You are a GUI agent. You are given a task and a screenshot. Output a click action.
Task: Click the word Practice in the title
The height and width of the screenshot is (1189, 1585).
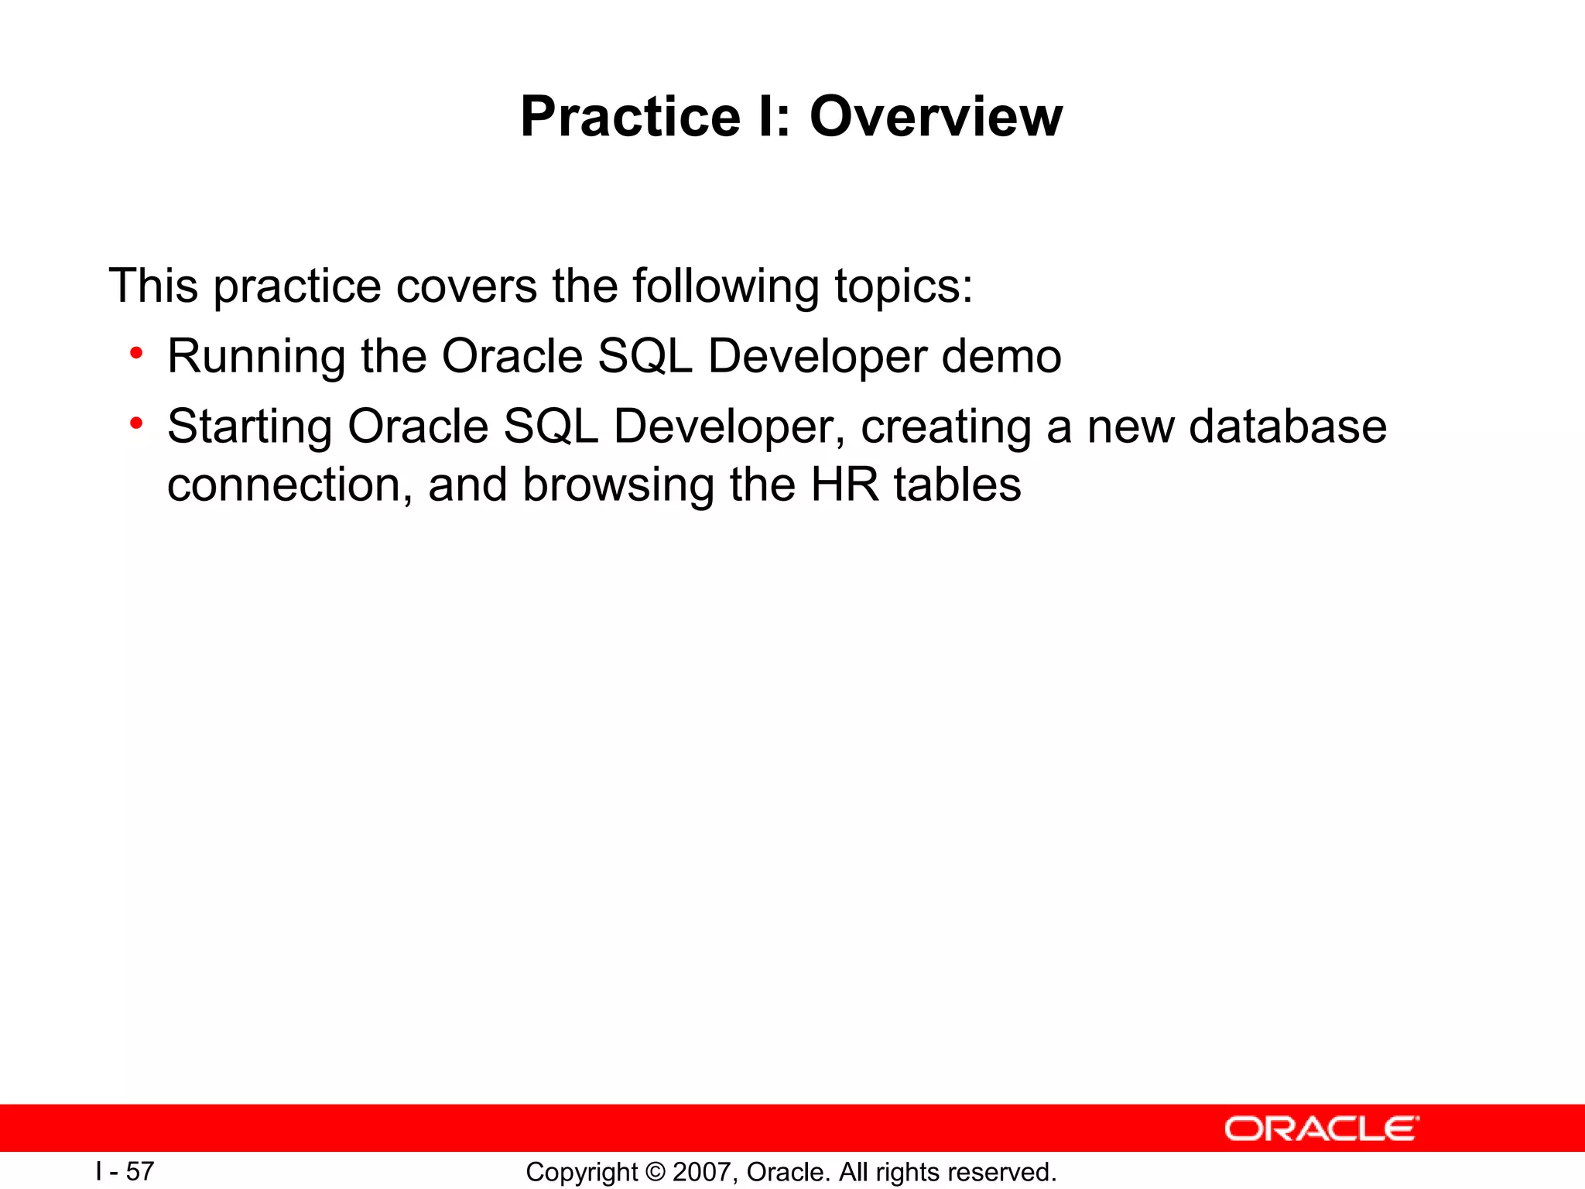pyautogui.click(x=630, y=118)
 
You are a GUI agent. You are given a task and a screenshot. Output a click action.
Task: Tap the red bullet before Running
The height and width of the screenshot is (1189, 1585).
pyautogui.click(x=137, y=354)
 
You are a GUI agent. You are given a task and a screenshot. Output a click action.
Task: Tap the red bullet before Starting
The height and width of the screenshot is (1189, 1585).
pyautogui.click(x=137, y=423)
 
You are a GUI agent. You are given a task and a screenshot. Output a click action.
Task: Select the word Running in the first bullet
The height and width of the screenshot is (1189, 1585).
pyautogui.click(x=255, y=357)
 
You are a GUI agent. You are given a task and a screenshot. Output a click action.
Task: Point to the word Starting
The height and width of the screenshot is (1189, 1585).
pyautogui.click(x=249, y=427)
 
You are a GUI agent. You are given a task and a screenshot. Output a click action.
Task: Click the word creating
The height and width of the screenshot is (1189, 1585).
pyautogui.click(x=946, y=427)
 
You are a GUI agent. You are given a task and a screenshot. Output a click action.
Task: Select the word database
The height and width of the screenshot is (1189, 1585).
pyautogui.click(x=1287, y=427)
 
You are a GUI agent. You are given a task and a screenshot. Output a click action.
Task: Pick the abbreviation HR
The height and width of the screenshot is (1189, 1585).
pyautogui.click(x=844, y=485)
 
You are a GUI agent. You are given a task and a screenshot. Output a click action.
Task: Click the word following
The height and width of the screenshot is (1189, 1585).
pyautogui.click(x=725, y=286)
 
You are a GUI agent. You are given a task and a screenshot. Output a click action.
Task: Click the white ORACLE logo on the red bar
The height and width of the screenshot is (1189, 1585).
pyautogui.click(x=1321, y=1129)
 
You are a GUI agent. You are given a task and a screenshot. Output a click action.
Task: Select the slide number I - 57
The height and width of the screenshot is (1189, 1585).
pyautogui.click(x=125, y=1171)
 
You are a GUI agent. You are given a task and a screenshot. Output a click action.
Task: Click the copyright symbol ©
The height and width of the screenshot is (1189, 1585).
pyautogui.click(x=654, y=1172)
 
